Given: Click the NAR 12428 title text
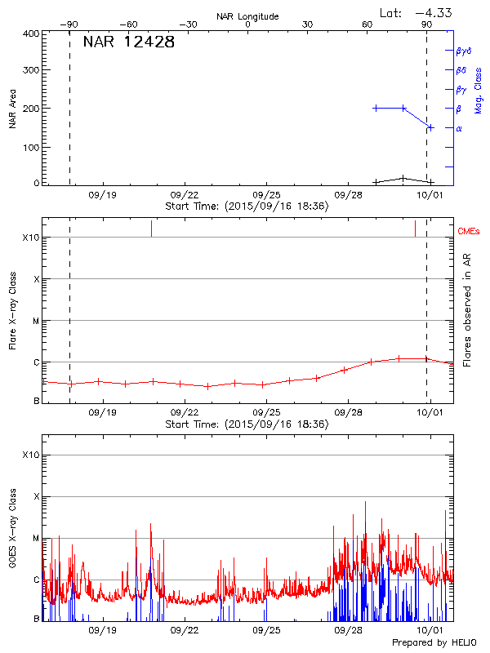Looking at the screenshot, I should [128, 42].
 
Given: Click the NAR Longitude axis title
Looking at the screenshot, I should [247, 16].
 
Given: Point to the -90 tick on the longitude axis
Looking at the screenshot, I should [71, 24].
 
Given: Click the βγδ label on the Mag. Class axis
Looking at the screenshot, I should [463, 51].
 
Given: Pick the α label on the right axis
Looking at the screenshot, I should [459, 128].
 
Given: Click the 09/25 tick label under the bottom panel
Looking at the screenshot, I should [267, 631].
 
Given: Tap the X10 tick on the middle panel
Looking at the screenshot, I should [31, 238].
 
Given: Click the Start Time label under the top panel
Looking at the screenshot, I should [247, 207].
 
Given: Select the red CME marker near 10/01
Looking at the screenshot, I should [415, 229].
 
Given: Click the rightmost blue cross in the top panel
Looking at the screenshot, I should [430, 127].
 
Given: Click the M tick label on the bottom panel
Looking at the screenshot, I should [36, 538].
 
